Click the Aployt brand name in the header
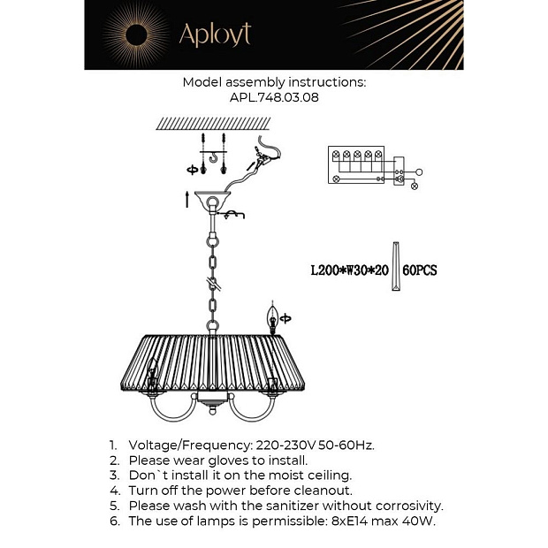click(x=215, y=34)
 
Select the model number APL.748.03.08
click(x=274, y=97)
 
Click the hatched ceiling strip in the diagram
click(x=213, y=124)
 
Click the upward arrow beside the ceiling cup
click(x=187, y=200)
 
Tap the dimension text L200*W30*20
click(x=349, y=270)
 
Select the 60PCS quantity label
click(x=420, y=270)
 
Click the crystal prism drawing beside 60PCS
click(x=396, y=266)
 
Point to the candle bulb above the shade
click(x=272, y=317)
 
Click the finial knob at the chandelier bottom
click(x=212, y=409)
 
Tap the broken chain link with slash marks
click(x=213, y=285)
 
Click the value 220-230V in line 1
click(x=285, y=445)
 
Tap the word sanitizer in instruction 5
click(x=293, y=506)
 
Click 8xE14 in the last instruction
click(x=349, y=521)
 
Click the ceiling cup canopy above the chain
click(x=213, y=198)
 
